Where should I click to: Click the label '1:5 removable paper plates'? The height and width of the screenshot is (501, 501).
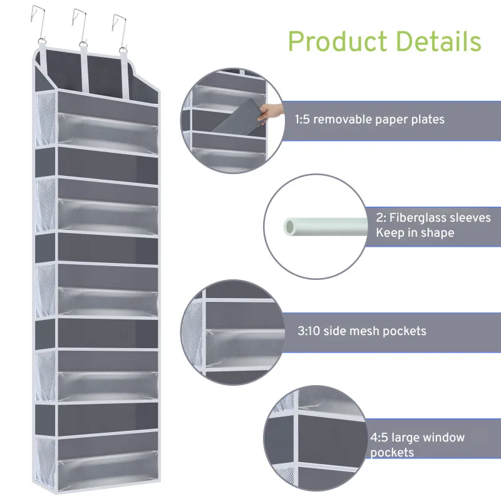[x=369, y=119]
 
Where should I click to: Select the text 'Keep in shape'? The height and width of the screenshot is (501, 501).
[x=415, y=233]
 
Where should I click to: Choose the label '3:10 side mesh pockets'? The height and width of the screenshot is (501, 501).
[x=362, y=331]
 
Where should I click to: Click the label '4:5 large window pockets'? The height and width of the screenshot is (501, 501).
[x=417, y=445]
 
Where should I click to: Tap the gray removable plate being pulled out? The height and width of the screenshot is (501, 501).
[x=235, y=120]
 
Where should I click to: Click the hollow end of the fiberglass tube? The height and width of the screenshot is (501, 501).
[x=291, y=225]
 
